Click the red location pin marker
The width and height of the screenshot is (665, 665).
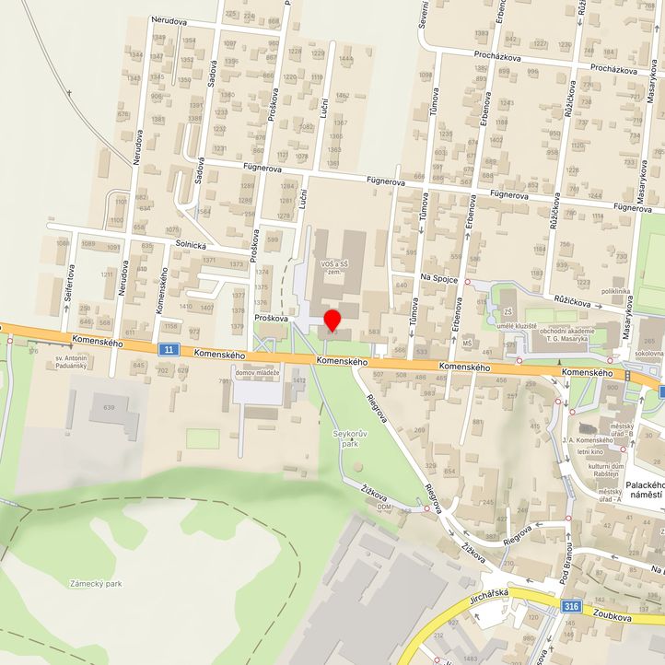[332, 321]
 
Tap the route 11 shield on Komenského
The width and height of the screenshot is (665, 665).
[166, 349]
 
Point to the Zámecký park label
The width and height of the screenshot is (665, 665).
[96, 583]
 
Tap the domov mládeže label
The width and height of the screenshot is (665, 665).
[257, 372]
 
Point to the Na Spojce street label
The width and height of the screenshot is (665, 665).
[439, 277]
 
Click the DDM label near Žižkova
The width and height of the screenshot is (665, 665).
[384, 507]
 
